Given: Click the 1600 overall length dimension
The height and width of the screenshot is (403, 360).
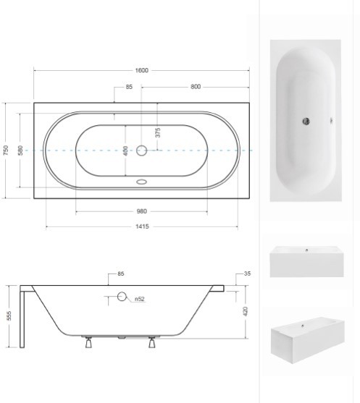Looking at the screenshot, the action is (x=141, y=70).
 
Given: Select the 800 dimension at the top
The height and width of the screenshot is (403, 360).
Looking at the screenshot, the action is (x=196, y=87).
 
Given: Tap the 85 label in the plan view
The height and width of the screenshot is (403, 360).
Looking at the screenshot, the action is (x=129, y=87).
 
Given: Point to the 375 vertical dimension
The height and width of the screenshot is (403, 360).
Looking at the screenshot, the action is (x=158, y=132).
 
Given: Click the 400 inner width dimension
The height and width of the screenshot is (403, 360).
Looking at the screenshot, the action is (x=125, y=150).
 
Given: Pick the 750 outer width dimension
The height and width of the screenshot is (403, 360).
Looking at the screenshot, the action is (x=6, y=150).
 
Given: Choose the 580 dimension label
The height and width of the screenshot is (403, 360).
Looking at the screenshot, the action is (x=20, y=150).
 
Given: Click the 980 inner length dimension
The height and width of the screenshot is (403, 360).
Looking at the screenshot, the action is (x=141, y=211).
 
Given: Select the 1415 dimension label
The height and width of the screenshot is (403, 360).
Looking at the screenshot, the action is (x=142, y=226).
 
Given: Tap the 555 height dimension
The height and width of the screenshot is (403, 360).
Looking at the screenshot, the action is (x=9, y=316).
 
